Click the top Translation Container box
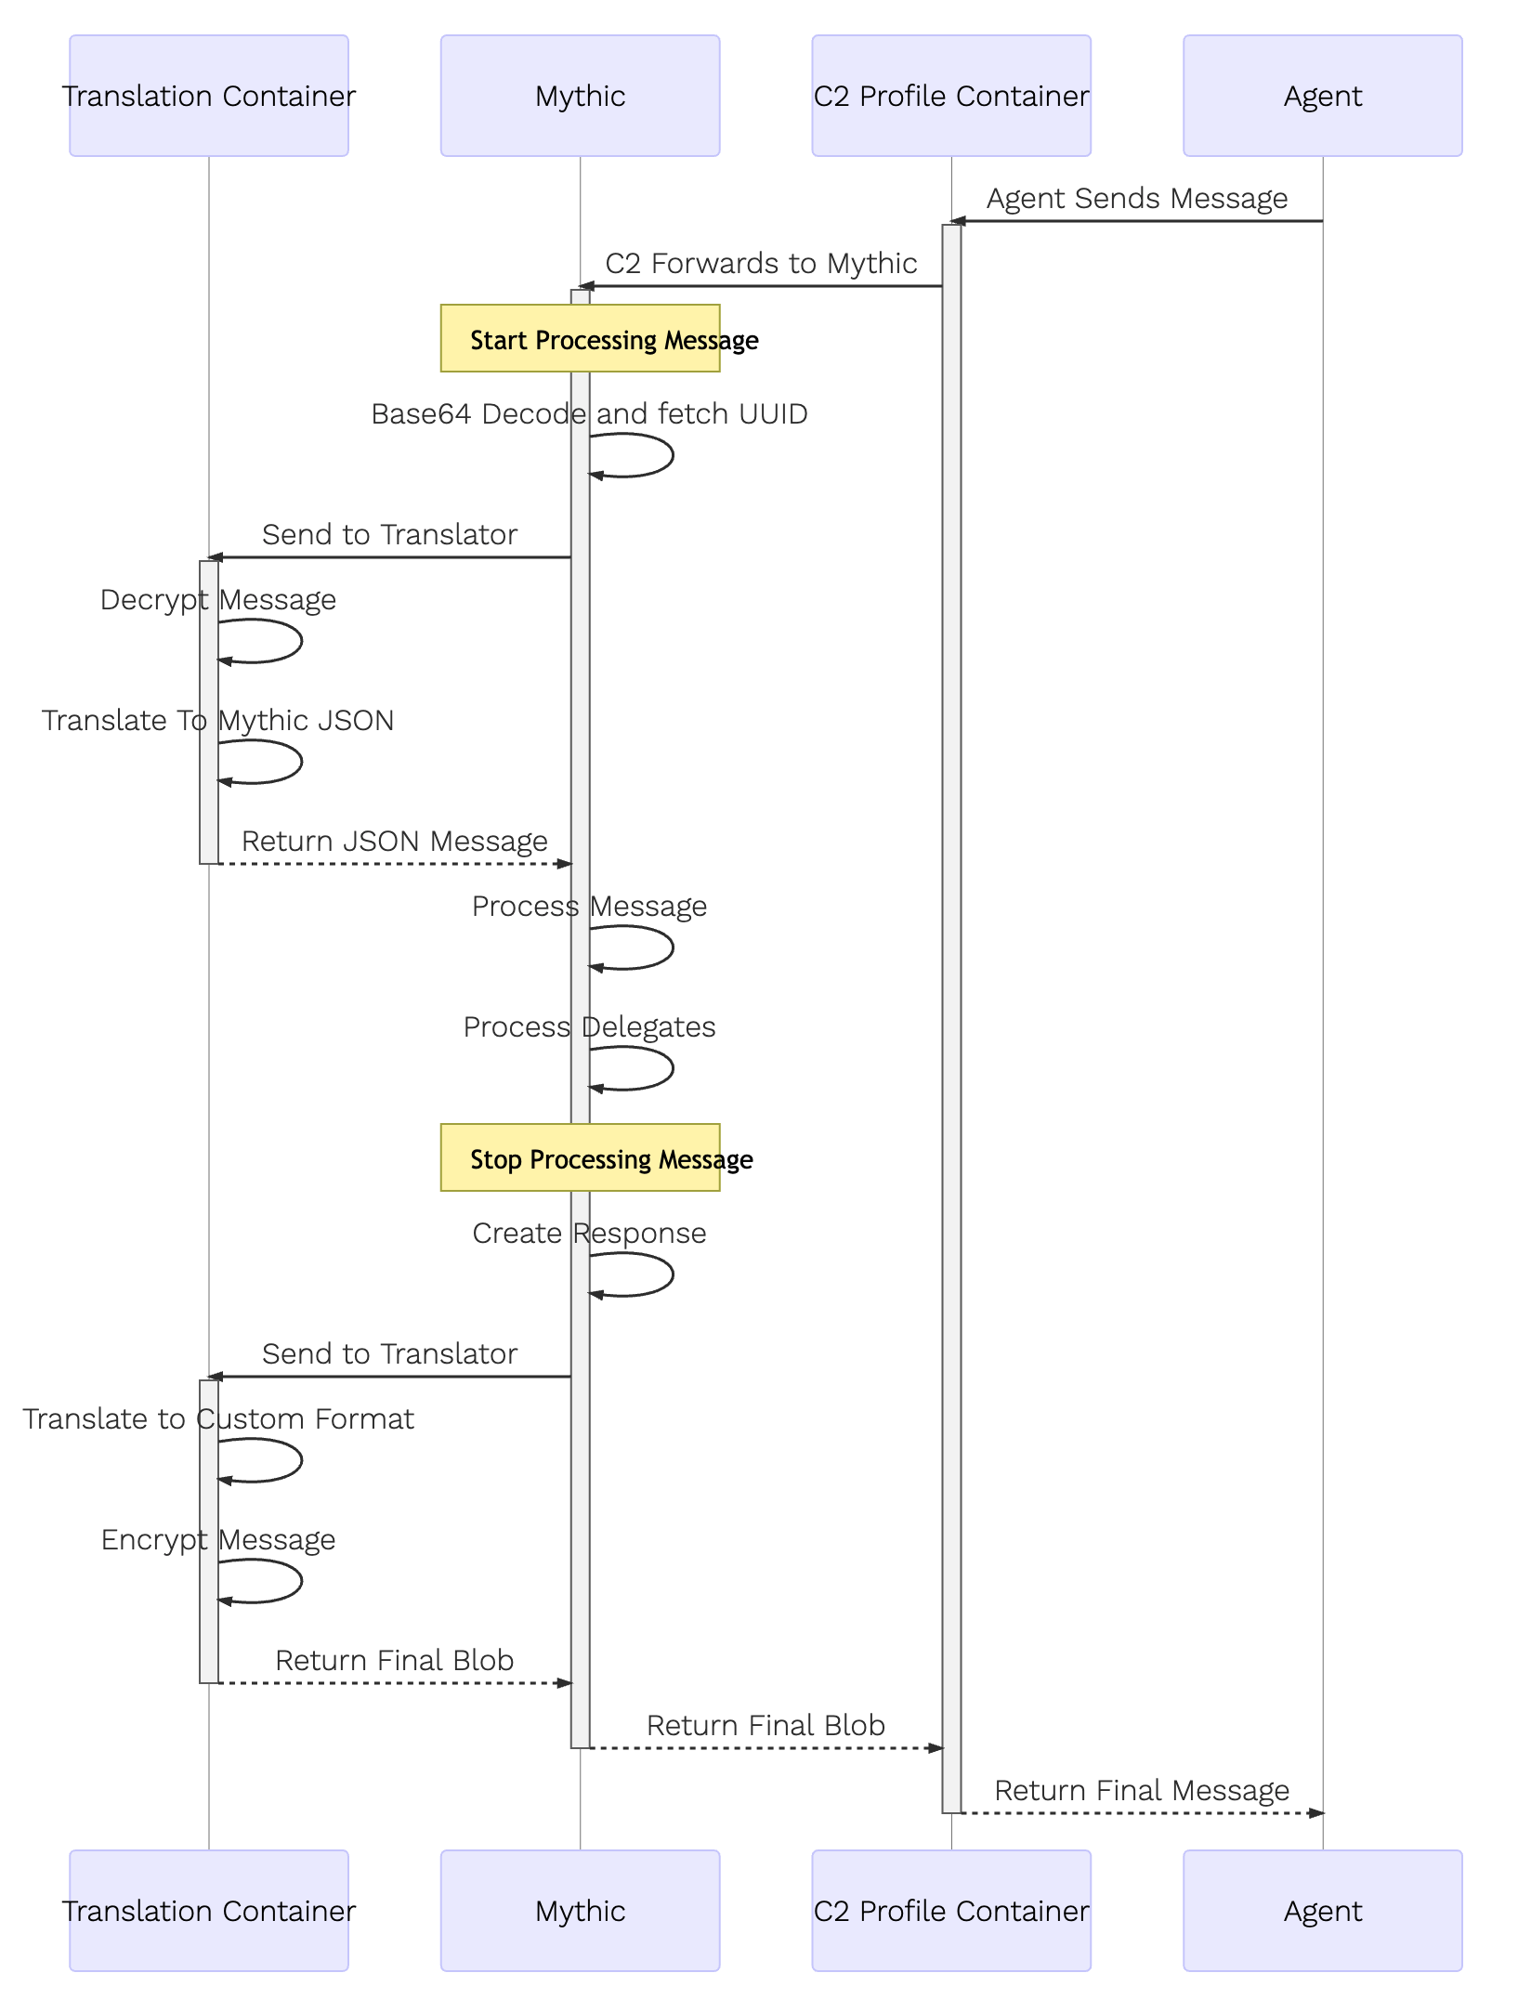[x=209, y=96]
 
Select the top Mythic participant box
[x=581, y=96]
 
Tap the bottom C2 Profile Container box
[x=951, y=1911]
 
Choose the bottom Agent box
[x=1323, y=1911]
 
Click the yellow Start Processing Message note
[x=581, y=338]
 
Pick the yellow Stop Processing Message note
[x=581, y=1157]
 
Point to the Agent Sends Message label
[x=1137, y=198]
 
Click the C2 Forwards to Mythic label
[x=762, y=263]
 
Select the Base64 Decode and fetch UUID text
[x=589, y=413]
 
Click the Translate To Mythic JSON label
[x=218, y=720]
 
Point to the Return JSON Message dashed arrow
[x=395, y=864]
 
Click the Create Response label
[x=589, y=1233]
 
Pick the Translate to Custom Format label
[x=218, y=1418]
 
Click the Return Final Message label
[x=1142, y=1790]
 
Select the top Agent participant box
[x=1323, y=96]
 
